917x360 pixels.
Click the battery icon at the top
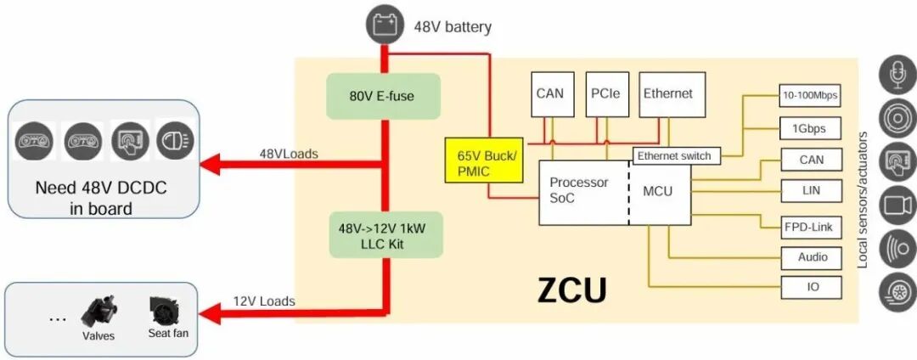pos(383,25)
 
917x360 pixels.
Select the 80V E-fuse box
pos(382,95)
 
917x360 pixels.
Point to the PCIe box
pos(603,93)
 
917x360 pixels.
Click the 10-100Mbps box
pos(809,95)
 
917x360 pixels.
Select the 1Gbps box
pos(809,128)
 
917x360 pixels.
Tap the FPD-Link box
pos(811,227)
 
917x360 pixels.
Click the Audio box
pos(812,257)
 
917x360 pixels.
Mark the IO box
pos(812,287)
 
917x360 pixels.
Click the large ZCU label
pos(572,290)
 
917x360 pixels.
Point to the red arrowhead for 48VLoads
pos(218,164)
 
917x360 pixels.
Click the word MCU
pos(657,191)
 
